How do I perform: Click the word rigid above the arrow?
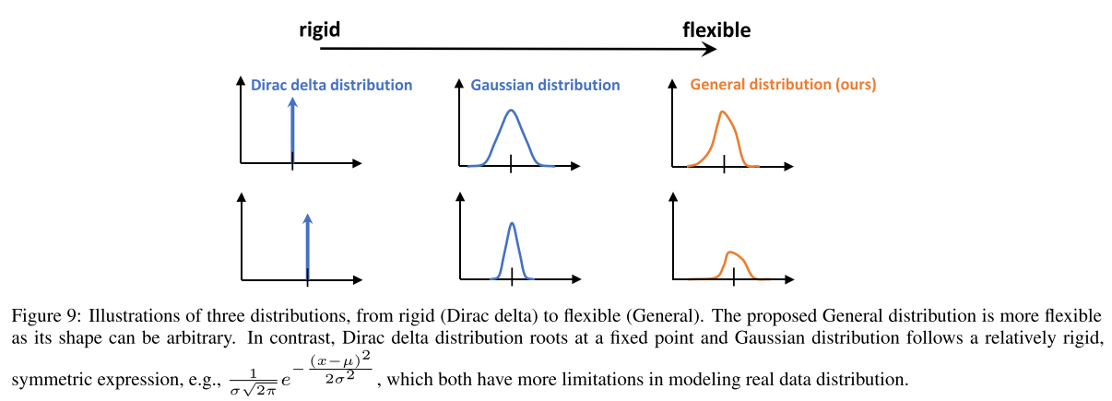tap(320, 29)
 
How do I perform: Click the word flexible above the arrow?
tap(716, 29)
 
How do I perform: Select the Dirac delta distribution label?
tap(331, 85)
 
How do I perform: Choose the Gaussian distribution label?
tap(545, 85)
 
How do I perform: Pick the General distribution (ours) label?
tap(782, 85)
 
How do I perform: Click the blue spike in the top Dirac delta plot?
tap(293, 129)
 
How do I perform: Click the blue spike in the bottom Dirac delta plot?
tap(307, 244)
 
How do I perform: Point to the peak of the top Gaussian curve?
tap(511, 111)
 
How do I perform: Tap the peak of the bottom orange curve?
tap(731, 252)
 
